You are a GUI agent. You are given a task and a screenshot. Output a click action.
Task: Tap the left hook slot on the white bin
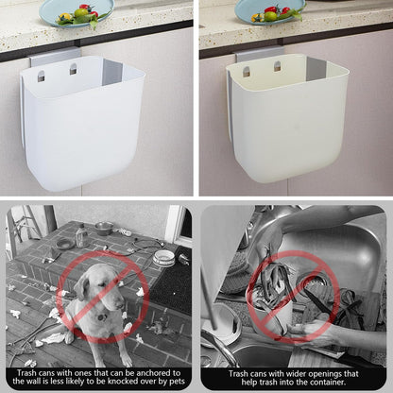coord(42,76)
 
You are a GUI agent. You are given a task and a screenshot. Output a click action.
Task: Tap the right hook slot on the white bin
coord(74,69)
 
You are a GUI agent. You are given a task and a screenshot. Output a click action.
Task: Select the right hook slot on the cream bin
coord(278,66)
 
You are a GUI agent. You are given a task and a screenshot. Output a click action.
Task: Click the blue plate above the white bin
coord(77,12)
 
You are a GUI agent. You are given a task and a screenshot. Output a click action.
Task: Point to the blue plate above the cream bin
coord(270,11)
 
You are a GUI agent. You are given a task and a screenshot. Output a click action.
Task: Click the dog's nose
coord(121,305)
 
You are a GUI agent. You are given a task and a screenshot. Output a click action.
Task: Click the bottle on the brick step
coord(81,235)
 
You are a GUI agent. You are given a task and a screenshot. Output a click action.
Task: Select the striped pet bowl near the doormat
coord(163,258)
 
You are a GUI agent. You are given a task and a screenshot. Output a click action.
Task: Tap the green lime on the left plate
coord(81,13)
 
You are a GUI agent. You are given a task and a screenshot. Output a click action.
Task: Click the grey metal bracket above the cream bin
coord(259,54)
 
